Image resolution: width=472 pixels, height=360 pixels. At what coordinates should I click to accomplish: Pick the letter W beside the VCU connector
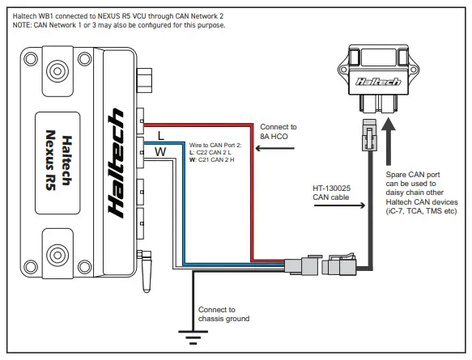click(x=161, y=151)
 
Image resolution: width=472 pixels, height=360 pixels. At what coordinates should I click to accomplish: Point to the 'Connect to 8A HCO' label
click(x=278, y=133)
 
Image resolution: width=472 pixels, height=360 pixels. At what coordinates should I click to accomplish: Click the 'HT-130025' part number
click(x=332, y=188)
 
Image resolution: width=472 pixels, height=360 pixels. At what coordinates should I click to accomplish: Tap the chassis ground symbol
click(x=192, y=339)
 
